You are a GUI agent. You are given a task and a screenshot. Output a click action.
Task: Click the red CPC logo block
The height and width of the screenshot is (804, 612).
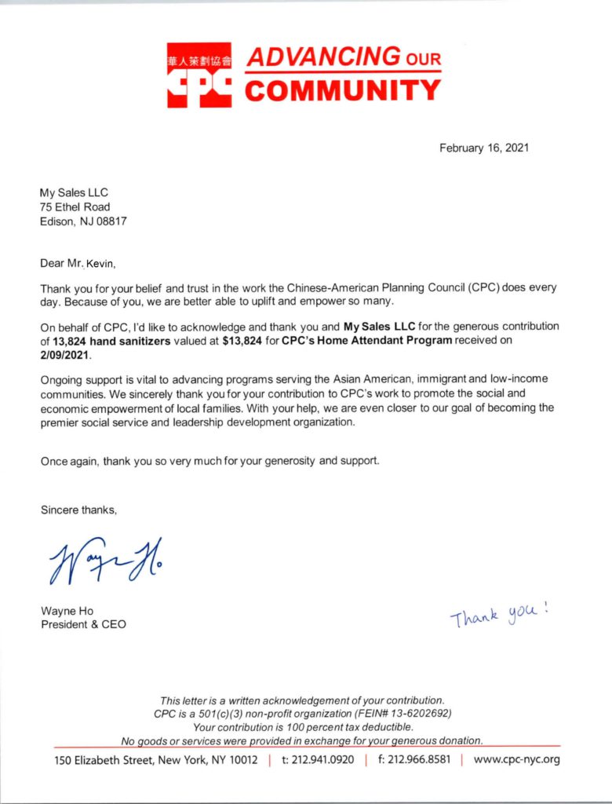tap(199, 75)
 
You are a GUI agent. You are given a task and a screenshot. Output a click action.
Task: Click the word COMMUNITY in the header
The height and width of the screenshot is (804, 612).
tap(343, 90)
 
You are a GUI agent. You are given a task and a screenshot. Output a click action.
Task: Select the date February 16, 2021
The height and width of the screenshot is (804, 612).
tap(484, 148)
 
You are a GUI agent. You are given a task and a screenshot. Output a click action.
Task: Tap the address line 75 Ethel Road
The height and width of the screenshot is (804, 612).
tap(75, 206)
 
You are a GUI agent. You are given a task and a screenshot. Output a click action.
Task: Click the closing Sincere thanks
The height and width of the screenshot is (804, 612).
tap(79, 510)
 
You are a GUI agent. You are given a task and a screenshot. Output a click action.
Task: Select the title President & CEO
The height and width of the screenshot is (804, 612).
tap(83, 625)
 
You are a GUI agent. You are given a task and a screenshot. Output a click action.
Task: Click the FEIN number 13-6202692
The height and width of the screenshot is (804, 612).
tap(411, 713)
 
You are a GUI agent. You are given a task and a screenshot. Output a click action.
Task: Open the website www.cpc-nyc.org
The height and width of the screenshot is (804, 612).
tap(516, 760)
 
